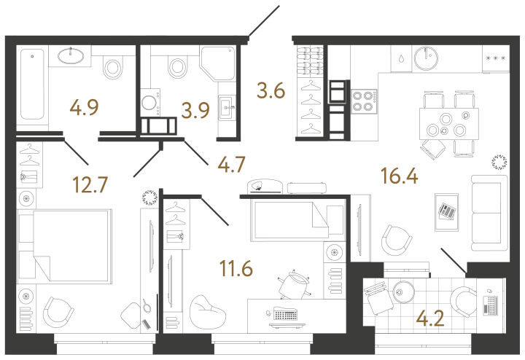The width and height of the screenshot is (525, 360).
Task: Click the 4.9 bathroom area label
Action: coord(84,109)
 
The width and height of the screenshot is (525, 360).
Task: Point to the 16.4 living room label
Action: coord(398,176)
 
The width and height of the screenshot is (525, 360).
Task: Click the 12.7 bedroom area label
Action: coord(90,184)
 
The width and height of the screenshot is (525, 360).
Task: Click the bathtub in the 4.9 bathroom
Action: coord(32,84)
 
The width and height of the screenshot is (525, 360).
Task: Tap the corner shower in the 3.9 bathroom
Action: coord(217,66)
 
